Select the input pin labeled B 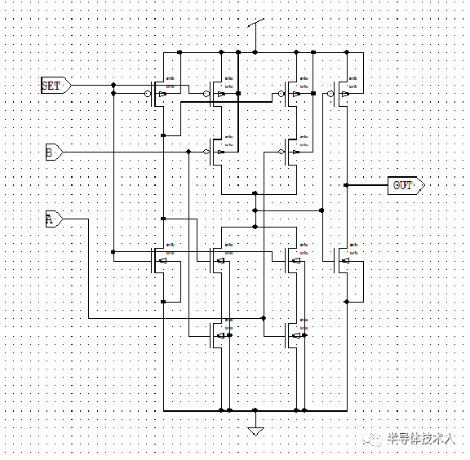[x=52, y=153]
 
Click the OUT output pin [x=405, y=185]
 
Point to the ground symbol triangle [x=255, y=430]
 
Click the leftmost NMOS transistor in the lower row [x=163, y=259]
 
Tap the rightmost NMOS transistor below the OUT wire [x=347, y=259]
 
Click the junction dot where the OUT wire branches [x=347, y=185]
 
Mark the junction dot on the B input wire [x=189, y=153]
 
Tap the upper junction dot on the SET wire [x=113, y=85]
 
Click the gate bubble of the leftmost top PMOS [x=147, y=94]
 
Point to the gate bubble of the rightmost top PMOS [x=330, y=94]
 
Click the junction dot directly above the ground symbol [x=255, y=410]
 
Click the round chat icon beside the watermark [x=375, y=438]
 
